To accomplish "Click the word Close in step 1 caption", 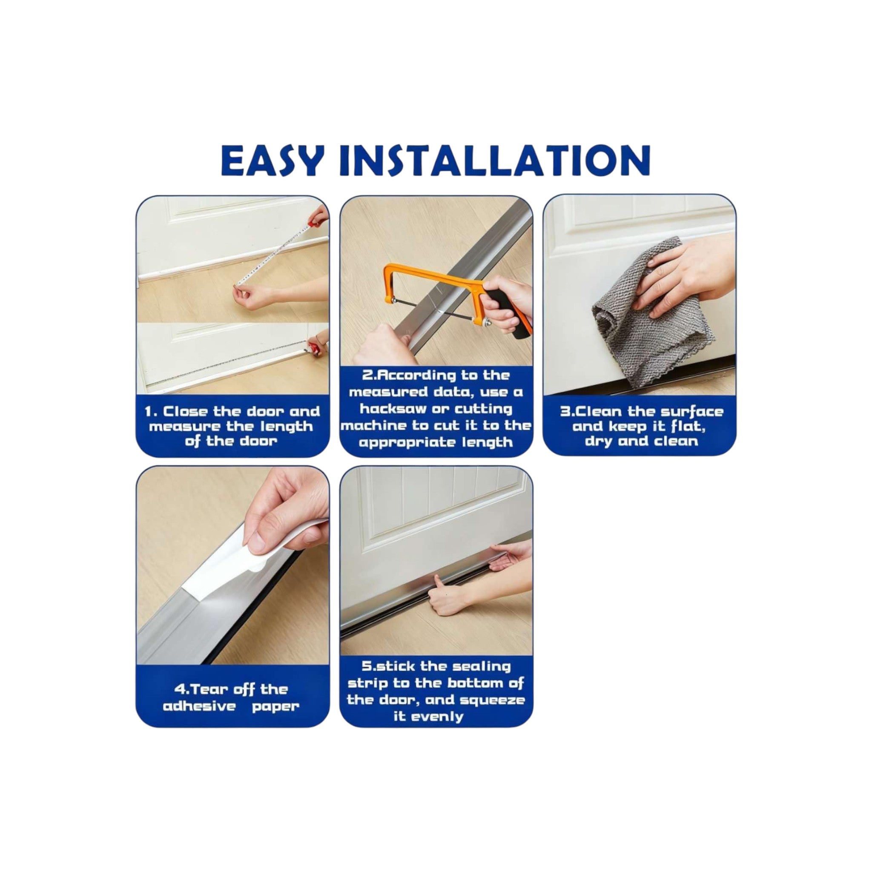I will coord(185,412).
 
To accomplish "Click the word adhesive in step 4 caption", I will coord(200,706).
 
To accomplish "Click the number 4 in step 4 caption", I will coord(180,690).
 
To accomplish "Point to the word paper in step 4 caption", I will coord(275,706).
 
